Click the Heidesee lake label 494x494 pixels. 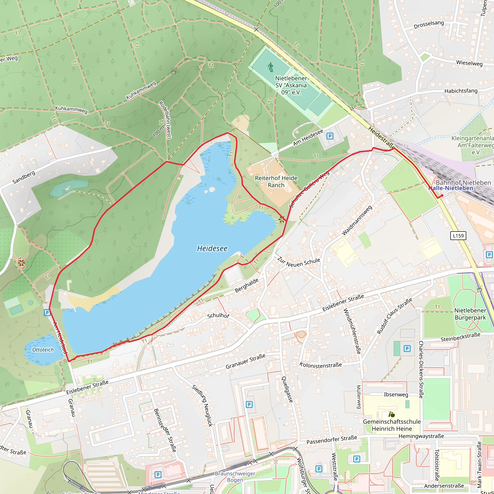click(x=212, y=248)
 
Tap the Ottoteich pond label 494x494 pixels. click(x=43, y=350)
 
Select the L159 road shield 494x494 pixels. click(x=458, y=235)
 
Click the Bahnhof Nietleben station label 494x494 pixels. click(x=463, y=183)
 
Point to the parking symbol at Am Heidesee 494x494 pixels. click(x=330, y=136)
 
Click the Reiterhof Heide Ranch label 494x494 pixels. click(x=276, y=182)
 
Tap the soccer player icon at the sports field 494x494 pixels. click(x=271, y=68)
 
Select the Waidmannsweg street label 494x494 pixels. click(x=357, y=220)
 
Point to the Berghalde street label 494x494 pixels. click(x=247, y=285)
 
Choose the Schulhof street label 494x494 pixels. click(x=218, y=316)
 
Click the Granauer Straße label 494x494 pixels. click(x=245, y=362)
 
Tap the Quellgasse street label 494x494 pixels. click(x=287, y=389)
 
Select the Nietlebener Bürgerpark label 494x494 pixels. click(x=470, y=314)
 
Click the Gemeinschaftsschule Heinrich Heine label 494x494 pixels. click(x=392, y=425)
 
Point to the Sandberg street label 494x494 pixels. click(x=24, y=178)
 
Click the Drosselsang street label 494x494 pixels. click(x=429, y=25)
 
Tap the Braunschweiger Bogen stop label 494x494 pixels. click(x=235, y=477)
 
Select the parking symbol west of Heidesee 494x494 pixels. click(x=47, y=312)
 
